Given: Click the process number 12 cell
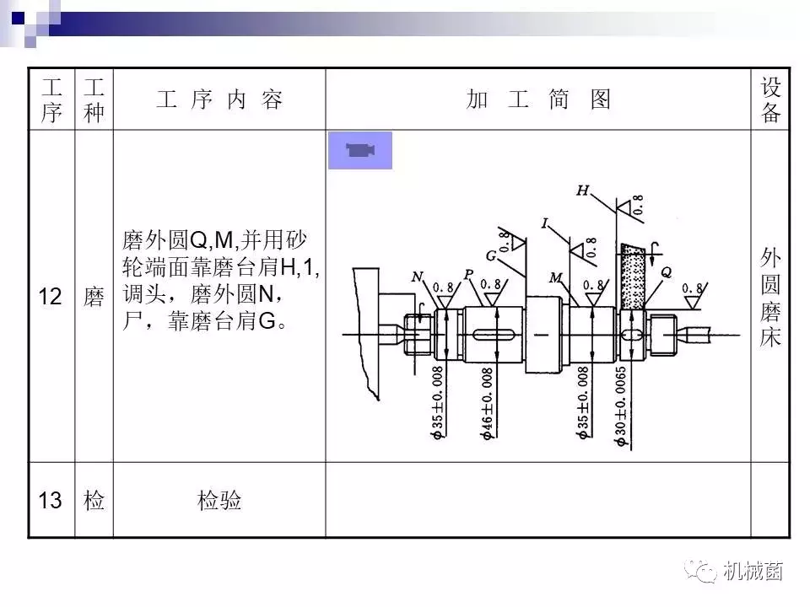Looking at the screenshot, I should click(x=51, y=297).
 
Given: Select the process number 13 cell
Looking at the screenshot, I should click(x=51, y=501).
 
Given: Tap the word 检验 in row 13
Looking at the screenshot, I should click(x=219, y=501).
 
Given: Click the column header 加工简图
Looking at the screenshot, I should click(x=537, y=99).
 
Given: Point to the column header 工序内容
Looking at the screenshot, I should click(x=219, y=99).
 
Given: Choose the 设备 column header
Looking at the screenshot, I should click(x=770, y=99).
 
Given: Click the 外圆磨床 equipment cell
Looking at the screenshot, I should click(x=769, y=297).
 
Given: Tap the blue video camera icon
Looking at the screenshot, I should click(x=360, y=151).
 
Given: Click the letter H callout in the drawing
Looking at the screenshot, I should click(x=582, y=191).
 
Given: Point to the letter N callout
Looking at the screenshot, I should click(x=418, y=277).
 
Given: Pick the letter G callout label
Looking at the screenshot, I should click(x=490, y=255).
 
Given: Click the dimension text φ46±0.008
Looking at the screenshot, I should click(x=487, y=402).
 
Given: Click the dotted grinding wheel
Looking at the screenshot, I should click(x=632, y=278).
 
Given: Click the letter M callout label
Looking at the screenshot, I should click(x=555, y=277).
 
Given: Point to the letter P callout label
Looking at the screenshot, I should click(x=468, y=275).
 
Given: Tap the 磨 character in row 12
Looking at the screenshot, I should click(x=94, y=297).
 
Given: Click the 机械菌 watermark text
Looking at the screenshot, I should click(x=753, y=572).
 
